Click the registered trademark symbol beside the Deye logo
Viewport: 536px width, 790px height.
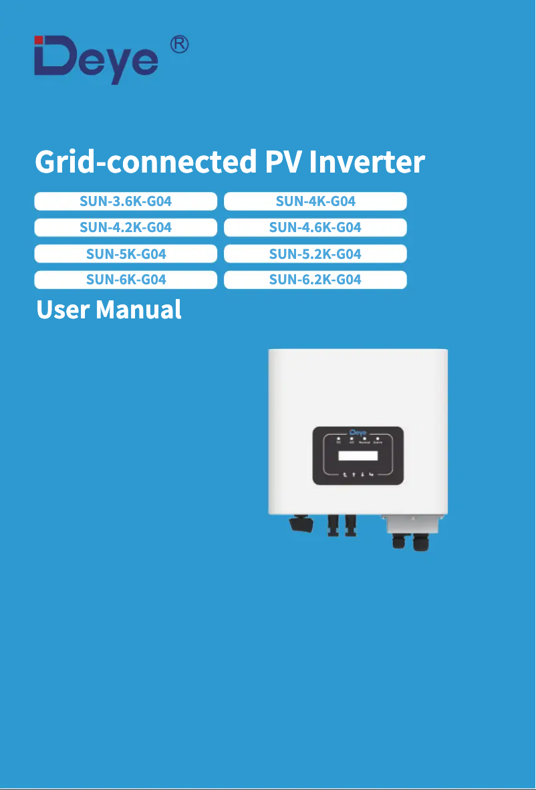[179, 45]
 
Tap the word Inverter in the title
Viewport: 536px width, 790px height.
[368, 162]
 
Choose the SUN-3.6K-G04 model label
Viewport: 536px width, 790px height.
[126, 201]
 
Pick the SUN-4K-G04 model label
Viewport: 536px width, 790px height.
[315, 201]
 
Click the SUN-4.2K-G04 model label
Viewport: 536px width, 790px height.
[126, 227]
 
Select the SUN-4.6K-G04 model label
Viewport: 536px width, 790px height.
[315, 227]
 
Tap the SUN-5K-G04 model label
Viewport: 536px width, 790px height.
[126, 254]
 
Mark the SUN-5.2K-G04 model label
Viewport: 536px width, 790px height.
[315, 254]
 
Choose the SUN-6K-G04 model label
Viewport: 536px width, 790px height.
[126, 280]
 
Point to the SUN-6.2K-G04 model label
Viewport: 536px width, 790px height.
[315, 280]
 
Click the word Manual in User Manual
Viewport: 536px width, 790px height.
[138, 310]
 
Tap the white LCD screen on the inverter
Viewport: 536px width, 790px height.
[358, 456]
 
